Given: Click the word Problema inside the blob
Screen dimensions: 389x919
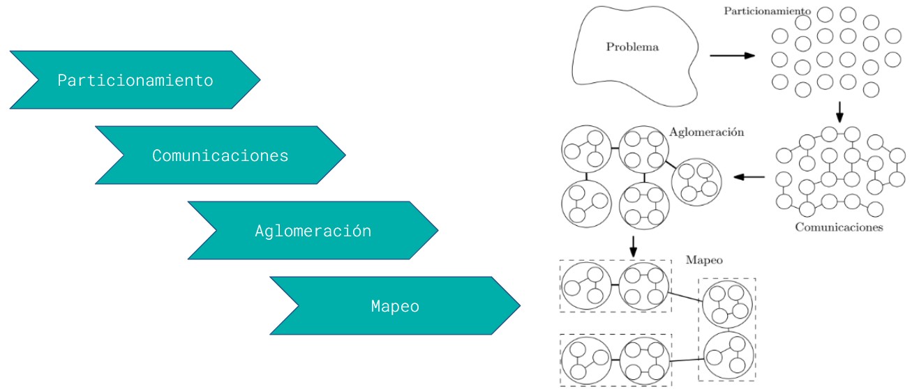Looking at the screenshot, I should pos(632,47).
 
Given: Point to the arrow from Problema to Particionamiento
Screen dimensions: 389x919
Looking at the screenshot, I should pos(732,54).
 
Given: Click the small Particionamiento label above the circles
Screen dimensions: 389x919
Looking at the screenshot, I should pos(767,11).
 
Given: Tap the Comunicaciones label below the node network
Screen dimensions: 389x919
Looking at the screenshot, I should pos(839,227).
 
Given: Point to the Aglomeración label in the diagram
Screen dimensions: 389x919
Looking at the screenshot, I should pos(706,131).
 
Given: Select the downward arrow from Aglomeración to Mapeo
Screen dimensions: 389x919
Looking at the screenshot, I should pos(633,245).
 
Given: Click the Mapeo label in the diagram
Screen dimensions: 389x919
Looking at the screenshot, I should pos(704,260).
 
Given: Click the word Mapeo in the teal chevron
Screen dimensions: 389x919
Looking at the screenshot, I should pos(395,306).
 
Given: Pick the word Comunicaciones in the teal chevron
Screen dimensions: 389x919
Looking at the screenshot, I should pos(220,155).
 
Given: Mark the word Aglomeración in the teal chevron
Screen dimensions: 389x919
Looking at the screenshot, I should pos(313,231).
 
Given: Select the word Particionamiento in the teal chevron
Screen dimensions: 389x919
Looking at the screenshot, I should pos(135,80).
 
